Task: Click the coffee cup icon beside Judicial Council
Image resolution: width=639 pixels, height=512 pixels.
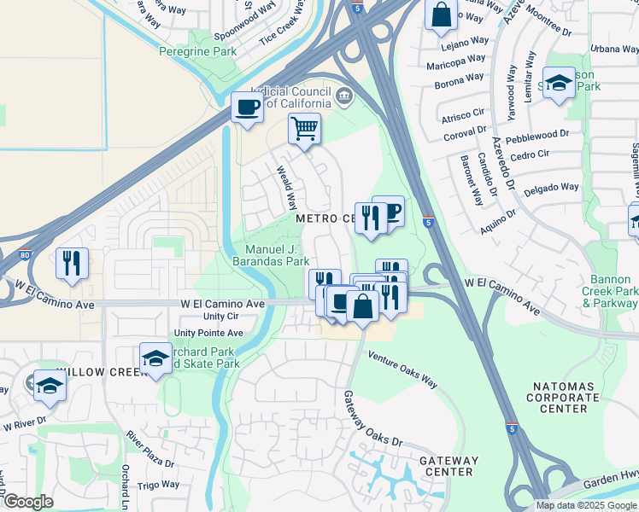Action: point(248,108)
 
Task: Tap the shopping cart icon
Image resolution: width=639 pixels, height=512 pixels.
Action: point(304,130)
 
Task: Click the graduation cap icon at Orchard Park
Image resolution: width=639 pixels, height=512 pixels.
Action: point(156,359)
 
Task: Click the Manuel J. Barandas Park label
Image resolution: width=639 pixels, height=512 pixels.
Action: point(271,256)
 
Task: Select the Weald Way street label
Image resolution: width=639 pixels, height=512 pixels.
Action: point(286,189)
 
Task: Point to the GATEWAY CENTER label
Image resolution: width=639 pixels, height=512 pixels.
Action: point(447,466)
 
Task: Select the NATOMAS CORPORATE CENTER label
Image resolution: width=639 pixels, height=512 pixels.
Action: point(563,397)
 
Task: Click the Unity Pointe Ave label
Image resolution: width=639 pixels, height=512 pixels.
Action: point(208,333)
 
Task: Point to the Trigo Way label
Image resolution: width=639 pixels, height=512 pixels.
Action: point(160,485)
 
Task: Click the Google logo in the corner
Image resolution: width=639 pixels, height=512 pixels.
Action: point(27,502)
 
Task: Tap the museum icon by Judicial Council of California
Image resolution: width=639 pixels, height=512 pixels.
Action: point(344,95)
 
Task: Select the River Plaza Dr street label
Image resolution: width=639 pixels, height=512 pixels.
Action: point(149,451)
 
